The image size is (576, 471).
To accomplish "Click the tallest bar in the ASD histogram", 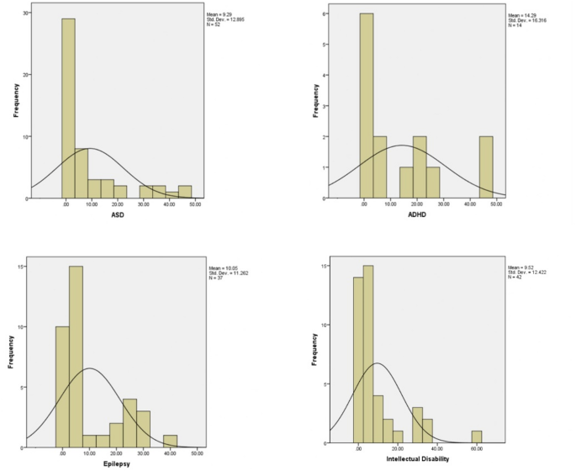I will pyautogui.click(x=68, y=108).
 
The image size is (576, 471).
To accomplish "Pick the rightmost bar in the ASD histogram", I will pyautogui.click(x=185, y=192).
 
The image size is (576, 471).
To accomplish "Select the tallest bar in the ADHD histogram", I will pyautogui.click(x=366, y=105).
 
